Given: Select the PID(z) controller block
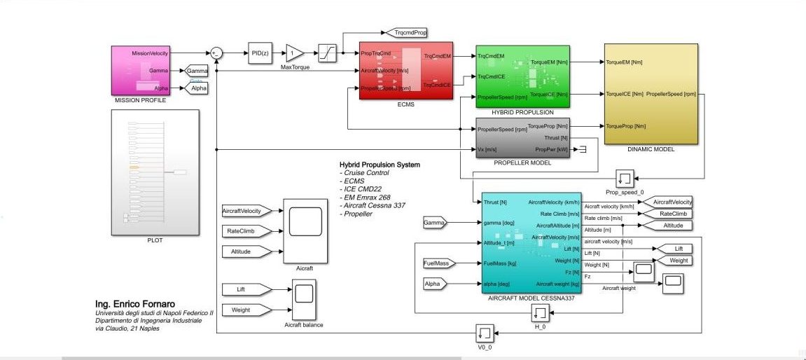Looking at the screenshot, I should [260, 53].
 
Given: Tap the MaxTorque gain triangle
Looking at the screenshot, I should [293, 53].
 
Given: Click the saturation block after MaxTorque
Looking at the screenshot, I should [328, 53].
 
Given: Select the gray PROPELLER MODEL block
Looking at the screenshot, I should [522, 138].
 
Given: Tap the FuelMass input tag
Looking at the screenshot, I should [439, 263].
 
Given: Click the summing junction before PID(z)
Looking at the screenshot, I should [216, 53].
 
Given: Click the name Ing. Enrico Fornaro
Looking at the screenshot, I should [140, 303].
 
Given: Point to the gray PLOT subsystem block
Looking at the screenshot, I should [155, 172].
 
